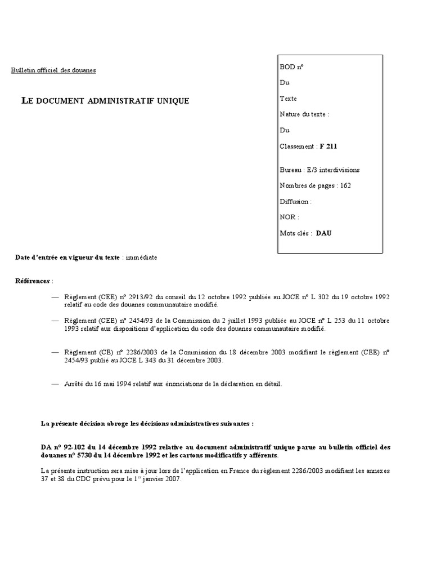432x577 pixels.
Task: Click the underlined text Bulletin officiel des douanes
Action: [x=53, y=70]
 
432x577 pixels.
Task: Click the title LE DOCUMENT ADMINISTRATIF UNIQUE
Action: [x=105, y=101]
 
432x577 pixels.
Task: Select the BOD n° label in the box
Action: [x=291, y=66]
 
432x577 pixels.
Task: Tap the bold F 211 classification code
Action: [x=329, y=147]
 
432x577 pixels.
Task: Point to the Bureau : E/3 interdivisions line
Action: [x=319, y=170]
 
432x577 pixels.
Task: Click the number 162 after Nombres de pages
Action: [x=345, y=185]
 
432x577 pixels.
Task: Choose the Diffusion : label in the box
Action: [x=295, y=201]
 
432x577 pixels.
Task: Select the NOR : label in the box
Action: [x=289, y=217]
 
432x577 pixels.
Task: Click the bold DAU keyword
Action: [x=323, y=233]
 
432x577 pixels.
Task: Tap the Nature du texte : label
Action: [x=304, y=114]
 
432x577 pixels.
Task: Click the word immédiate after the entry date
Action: [x=141, y=258]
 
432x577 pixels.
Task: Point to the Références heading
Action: [x=33, y=281]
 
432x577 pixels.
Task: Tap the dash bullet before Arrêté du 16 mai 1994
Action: [x=55, y=384]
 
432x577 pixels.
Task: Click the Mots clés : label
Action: [x=295, y=233]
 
